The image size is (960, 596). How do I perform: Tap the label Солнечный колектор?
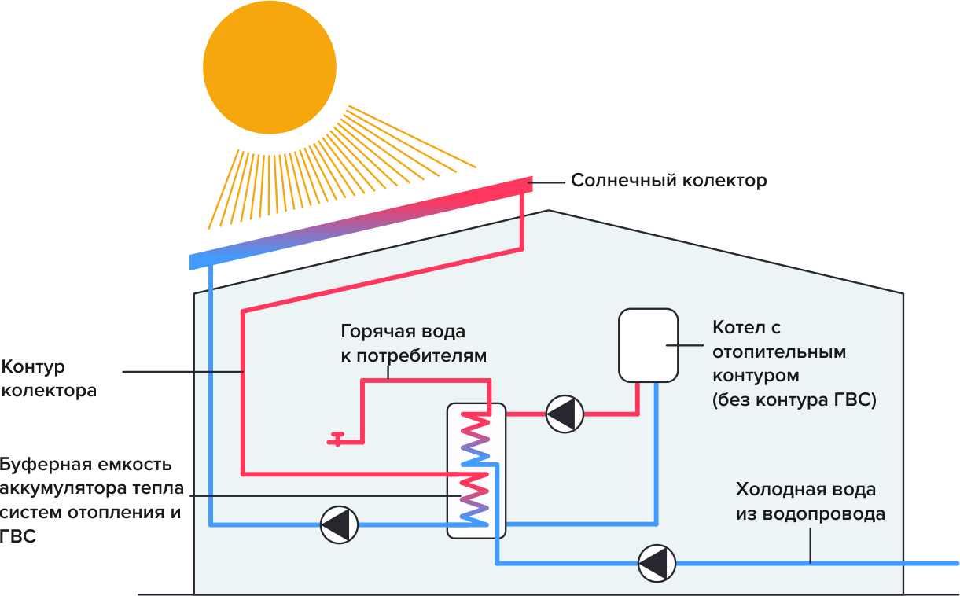point(668,181)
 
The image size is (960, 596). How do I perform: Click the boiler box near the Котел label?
point(648,344)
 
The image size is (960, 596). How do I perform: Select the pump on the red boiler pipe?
point(565,414)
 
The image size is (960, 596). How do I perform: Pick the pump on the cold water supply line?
point(656,562)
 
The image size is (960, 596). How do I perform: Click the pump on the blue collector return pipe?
point(340,524)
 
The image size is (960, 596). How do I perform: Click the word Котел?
point(737,328)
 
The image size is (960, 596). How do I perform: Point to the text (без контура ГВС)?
point(794,399)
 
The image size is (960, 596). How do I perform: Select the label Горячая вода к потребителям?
point(414,343)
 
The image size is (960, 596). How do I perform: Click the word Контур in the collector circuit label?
point(33,367)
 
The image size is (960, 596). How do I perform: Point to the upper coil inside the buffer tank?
point(475,437)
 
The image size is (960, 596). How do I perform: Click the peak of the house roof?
point(549,211)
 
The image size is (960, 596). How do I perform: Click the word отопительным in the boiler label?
point(779,351)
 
